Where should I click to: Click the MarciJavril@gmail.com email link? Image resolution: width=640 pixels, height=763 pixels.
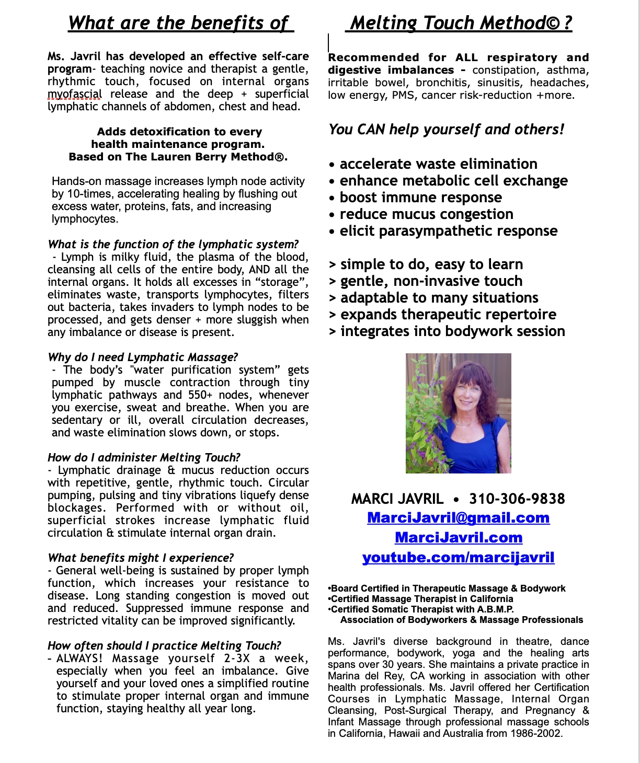[x=458, y=518]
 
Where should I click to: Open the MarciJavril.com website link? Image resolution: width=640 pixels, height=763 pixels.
[x=459, y=538]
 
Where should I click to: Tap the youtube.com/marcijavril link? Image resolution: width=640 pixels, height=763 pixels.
[x=458, y=558]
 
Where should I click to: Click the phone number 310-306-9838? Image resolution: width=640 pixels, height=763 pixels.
[x=517, y=499]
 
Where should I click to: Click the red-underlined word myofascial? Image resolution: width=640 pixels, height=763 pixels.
[x=74, y=95]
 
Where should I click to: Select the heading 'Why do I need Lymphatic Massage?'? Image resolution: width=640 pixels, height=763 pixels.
[x=143, y=357]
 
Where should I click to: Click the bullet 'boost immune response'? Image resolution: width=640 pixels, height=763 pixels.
[x=420, y=198]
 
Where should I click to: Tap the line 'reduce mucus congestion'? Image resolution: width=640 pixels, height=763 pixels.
[x=426, y=214]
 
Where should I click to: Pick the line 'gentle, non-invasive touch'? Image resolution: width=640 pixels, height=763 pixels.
[x=431, y=281]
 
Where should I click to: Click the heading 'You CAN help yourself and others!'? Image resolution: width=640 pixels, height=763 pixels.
[x=446, y=130]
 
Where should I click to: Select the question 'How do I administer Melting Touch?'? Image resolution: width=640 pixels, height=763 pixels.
[x=144, y=458]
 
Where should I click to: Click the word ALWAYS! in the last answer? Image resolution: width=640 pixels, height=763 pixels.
[x=79, y=658]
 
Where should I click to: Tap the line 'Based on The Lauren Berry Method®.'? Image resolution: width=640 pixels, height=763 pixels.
[x=178, y=157]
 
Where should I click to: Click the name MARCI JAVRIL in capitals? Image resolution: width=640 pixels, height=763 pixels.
[x=397, y=499]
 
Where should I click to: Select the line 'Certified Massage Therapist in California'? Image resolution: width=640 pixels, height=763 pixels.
[x=422, y=599]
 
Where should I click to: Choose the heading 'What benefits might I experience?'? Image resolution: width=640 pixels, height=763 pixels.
[x=141, y=558]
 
